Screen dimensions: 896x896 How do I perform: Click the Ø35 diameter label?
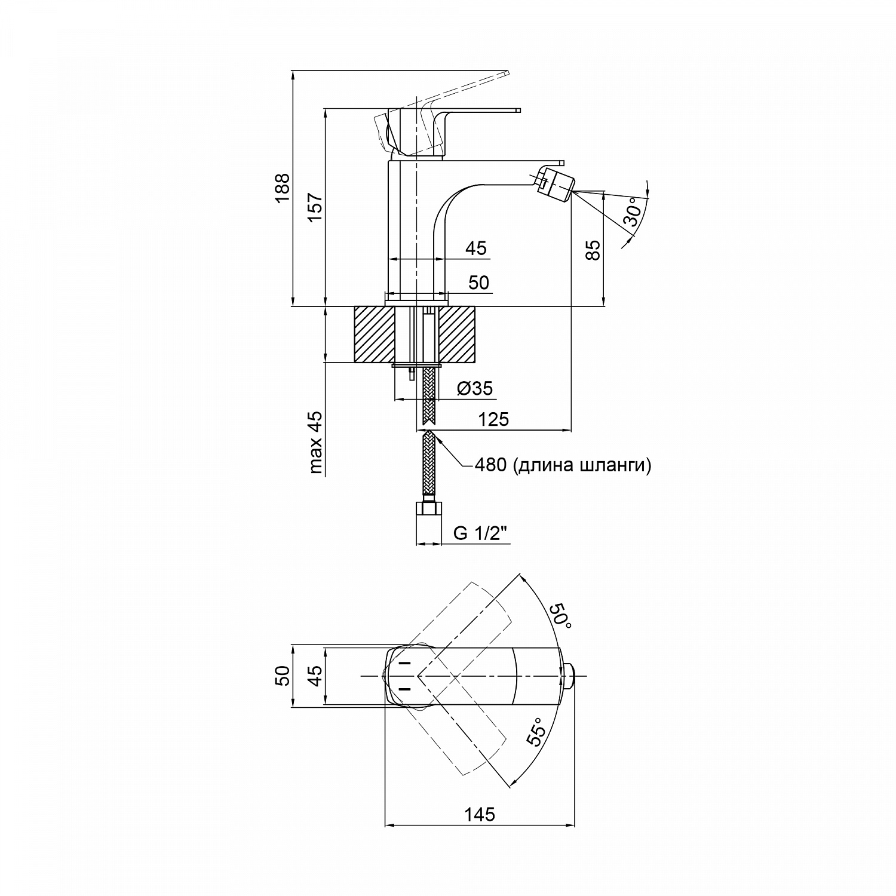pos(475,389)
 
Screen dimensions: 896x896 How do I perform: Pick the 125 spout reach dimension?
pos(493,419)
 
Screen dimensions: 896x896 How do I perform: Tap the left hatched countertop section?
pos(375,335)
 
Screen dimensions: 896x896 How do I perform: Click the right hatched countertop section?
pos(461,335)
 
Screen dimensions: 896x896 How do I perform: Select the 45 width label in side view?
pos(475,248)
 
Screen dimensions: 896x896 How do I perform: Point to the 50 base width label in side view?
pos(478,283)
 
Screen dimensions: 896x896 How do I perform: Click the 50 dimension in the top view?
pos(284,676)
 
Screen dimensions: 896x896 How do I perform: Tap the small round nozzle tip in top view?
pos(570,676)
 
